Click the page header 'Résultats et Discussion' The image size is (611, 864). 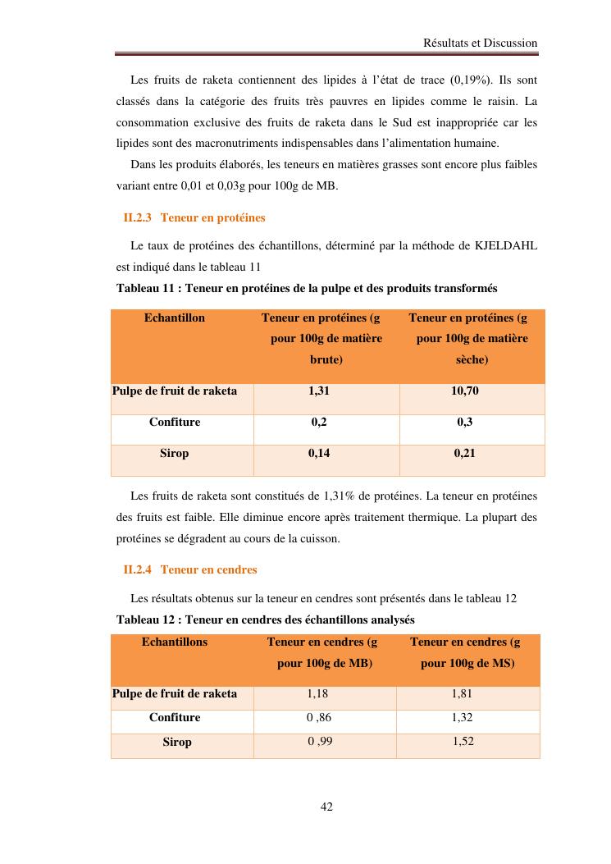[x=480, y=43]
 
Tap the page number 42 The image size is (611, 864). [x=326, y=807]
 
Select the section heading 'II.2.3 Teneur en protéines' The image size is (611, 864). [x=194, y=218]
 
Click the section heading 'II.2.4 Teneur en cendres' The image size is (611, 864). [x=190, y=569]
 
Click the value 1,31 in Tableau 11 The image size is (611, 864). [x=319, y=391]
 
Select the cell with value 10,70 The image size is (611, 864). [x=465, y=391]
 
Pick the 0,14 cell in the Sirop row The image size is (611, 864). [x=319, y=453]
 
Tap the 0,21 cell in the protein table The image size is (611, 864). [x=465, y=453]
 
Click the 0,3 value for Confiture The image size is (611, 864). [x=465, y=422]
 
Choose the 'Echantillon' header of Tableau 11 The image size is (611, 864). [x=175, y=318]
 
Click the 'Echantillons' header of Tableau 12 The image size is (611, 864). [x=175, y=642]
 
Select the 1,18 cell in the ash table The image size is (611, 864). [x=317, y=693]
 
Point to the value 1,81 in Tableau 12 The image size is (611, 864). [x=463, y=693]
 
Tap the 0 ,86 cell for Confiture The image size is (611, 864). [x=319, y=717]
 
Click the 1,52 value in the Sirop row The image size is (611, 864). [x=463, y=742]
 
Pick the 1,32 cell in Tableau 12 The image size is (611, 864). [x=463, y=717]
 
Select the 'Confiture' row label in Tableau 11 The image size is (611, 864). [x=175, y=422]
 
